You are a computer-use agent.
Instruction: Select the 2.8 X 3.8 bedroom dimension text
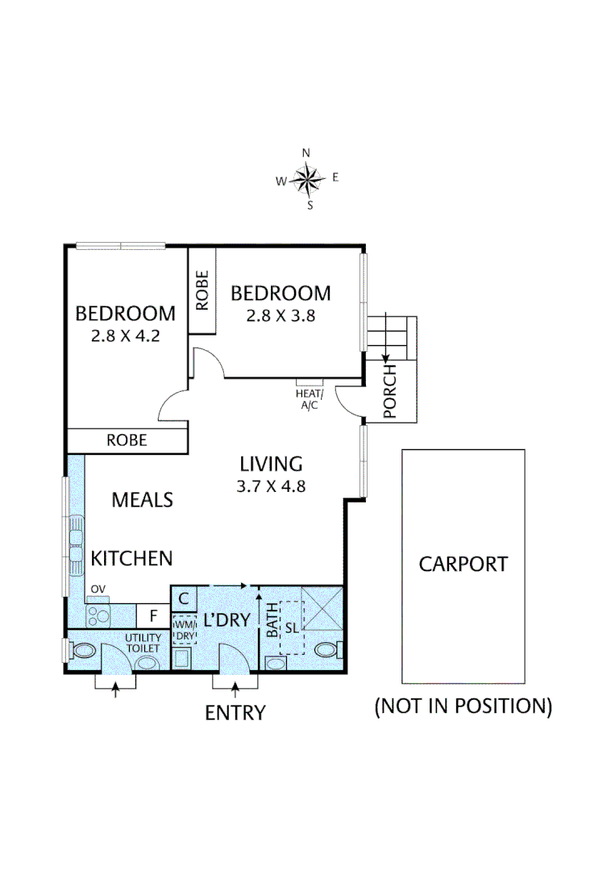(280, 315)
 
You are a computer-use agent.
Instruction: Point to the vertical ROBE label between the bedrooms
(202, 290)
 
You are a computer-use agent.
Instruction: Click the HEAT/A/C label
(310, 398)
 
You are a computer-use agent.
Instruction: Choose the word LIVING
(272, 464)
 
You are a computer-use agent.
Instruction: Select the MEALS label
(142, 500)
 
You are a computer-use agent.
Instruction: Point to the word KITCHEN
(131, 558)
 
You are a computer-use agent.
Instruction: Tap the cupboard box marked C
(184, 598)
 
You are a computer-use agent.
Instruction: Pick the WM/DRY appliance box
(184, 629)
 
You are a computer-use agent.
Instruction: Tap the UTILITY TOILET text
(143, 643)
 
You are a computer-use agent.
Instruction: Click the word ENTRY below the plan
(235, 713)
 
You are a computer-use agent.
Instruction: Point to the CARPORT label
(463, 564)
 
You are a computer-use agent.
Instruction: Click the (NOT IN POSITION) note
(463, 706)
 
